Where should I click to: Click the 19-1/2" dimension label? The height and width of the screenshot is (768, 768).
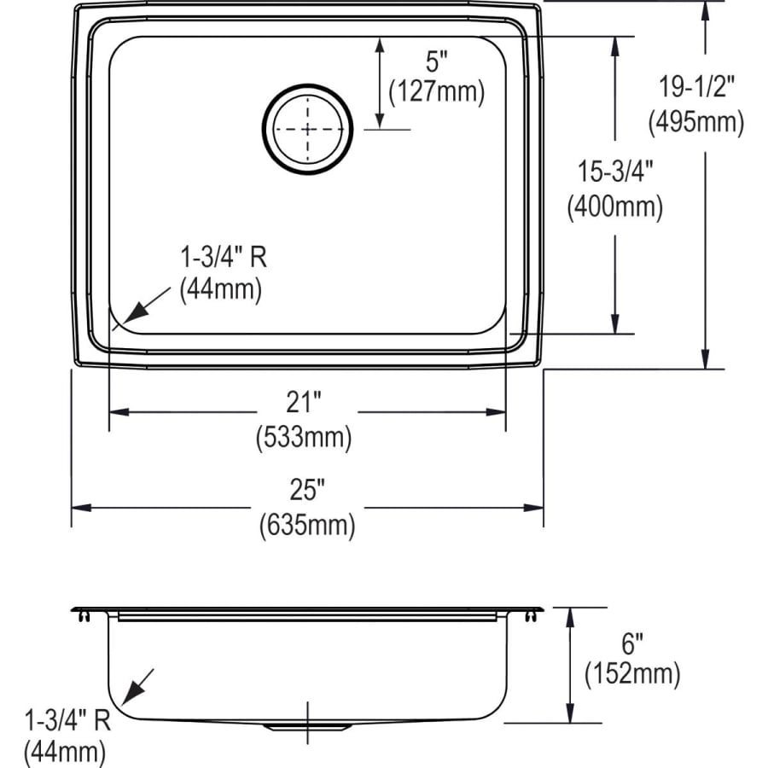(x=696, y=87)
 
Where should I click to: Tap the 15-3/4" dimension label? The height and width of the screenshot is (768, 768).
(x=614, y=172)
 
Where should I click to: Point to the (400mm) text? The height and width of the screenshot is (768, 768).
(x=614, y=207)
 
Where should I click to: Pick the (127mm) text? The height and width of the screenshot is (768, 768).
(x=436, y=91)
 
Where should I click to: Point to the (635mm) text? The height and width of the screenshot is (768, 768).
(x=306, y=526)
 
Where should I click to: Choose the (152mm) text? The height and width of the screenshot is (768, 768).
(x=632, y=674)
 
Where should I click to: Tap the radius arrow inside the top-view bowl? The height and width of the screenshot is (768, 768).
(x=141, y=306)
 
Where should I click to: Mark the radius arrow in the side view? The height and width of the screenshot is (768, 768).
(x=140, y=684)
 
